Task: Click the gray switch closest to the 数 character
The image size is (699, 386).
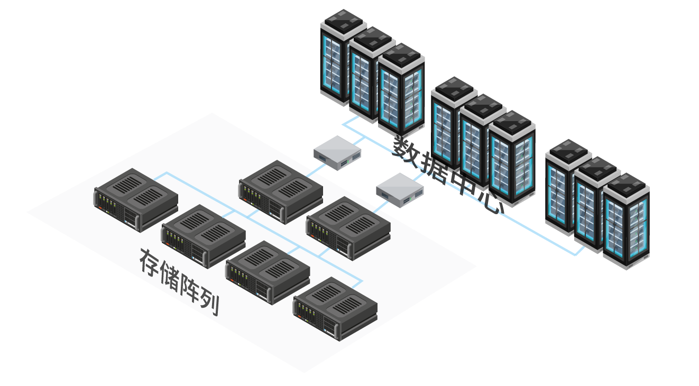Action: pyautogui.click(x=337, y=153)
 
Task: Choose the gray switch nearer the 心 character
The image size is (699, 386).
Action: pyautogui.click(x=400, y=190)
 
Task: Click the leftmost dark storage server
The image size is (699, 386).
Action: pyautogui.click(x=136, y=200)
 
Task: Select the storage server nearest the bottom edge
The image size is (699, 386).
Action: pyautogui.click(x=335, y=309)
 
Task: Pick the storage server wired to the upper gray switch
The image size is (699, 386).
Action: pyautogui.click(x=281, y=192)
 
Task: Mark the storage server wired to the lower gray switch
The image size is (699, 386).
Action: pyautogui.click(x=348, y=228)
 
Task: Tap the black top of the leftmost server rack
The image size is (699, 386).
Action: pyautogui.click(x=343, y=21)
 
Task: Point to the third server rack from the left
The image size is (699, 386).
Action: pyautogui.click(x=401, y=90)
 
